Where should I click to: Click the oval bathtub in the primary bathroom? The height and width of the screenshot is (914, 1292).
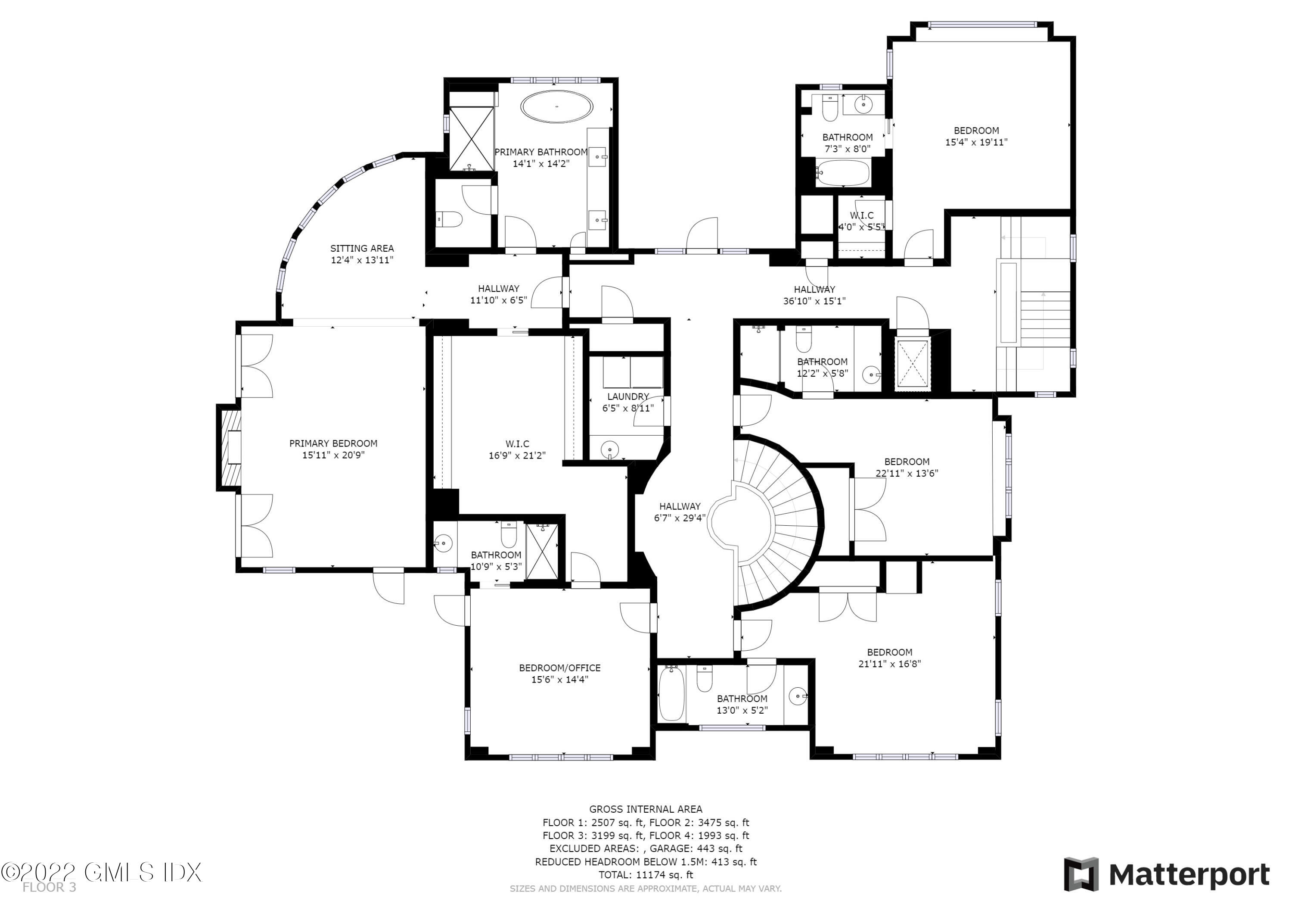556,106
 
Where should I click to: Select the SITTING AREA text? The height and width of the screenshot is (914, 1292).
362,248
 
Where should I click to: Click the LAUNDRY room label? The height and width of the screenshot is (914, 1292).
628,396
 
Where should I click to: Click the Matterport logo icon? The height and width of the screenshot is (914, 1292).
1081,875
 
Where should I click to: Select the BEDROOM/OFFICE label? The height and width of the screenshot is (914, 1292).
559,668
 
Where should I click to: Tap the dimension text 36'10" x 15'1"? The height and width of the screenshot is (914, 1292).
814,301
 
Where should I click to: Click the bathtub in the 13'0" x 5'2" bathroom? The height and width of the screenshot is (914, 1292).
671,693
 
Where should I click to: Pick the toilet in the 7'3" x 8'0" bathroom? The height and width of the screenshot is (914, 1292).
830,108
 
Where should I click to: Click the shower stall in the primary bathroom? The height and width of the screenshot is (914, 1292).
472,138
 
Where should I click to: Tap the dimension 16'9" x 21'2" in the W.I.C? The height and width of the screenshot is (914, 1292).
516,455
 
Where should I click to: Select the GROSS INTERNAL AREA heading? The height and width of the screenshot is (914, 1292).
646,809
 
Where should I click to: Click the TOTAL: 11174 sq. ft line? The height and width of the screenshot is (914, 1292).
646,875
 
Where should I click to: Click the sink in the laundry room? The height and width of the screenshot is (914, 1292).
609,449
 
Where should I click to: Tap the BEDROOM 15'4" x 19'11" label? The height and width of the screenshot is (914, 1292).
976,131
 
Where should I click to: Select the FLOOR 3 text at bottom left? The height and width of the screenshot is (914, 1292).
49,888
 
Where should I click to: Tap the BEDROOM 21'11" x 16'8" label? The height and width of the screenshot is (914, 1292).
890,652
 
